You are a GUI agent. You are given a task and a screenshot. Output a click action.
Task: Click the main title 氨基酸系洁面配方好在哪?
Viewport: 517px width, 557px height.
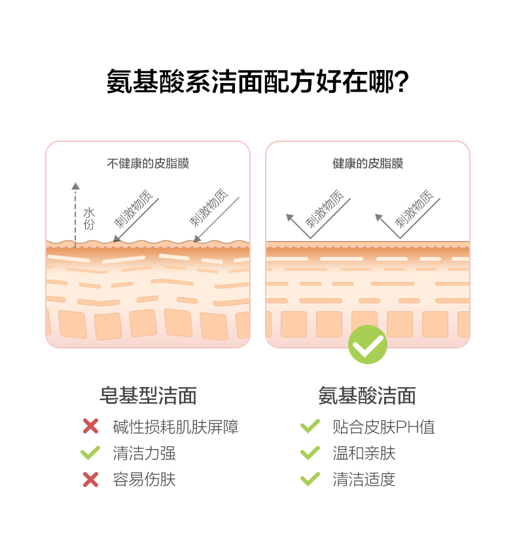[258, 83]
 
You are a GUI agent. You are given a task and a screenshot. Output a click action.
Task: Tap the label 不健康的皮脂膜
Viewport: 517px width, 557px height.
[148, 163]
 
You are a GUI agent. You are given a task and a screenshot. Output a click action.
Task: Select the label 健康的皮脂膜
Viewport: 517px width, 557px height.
[368, 163]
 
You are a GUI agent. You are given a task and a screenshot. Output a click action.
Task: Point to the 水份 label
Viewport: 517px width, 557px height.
[89, 218]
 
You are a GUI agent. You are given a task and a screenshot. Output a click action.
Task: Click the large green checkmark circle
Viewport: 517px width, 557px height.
[367, 345]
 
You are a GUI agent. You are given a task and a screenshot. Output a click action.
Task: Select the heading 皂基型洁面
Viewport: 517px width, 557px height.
[148, 396]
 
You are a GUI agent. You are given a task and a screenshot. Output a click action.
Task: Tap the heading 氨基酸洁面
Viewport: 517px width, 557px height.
[367, 396]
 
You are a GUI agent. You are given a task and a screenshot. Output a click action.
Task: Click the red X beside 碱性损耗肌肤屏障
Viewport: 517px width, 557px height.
[90, 427]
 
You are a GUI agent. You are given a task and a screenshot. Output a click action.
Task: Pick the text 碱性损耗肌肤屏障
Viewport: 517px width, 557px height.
[175, 427]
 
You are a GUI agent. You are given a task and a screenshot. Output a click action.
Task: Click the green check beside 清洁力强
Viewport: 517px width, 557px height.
[90, 452]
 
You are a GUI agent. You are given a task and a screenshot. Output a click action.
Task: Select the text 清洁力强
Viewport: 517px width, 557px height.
[144, 453]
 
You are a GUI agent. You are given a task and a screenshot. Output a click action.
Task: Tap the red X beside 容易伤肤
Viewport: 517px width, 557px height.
[90, 479]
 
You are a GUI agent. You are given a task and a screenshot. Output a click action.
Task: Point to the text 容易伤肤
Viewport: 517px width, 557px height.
[144, 479]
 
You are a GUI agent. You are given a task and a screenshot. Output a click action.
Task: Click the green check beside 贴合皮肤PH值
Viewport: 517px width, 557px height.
[310, 426]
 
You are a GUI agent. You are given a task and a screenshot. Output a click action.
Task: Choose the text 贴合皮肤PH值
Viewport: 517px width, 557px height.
[383, 427]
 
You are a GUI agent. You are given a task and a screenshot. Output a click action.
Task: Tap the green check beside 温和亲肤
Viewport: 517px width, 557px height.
[310, 452]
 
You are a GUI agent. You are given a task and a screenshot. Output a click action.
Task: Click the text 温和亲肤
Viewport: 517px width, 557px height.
[364, 453]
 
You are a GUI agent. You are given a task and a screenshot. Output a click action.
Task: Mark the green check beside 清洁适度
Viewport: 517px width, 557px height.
[310, 479]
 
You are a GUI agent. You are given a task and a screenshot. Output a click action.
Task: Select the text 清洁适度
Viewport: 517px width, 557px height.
[364, 479]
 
